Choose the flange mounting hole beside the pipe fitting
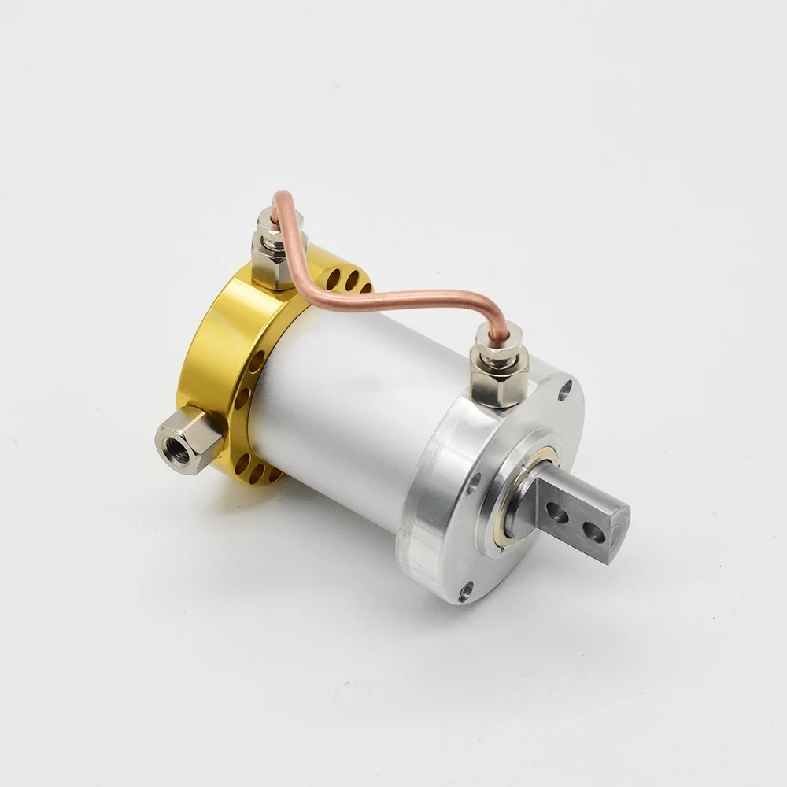click(565, 386)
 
